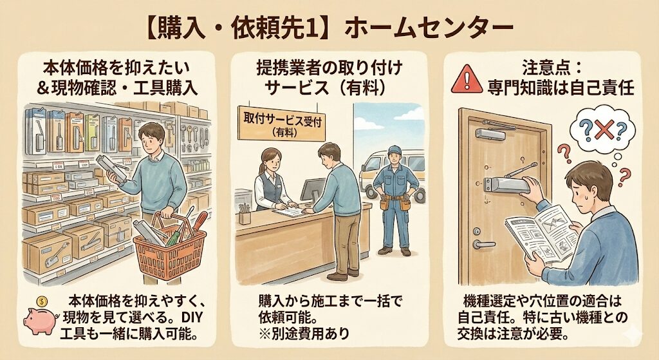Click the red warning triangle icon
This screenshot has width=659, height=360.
tap(467, 79)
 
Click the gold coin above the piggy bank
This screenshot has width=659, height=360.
tap(42, 301)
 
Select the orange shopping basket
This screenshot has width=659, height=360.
tap(170, 249)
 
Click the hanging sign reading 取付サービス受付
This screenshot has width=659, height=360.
tap(281, 123)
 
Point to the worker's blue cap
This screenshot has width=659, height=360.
tap(394, 150)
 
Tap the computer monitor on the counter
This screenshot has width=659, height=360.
tap(313, 190)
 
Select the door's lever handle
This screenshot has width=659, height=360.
tap(483, 244)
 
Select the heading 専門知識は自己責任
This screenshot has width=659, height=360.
tap(561, 88)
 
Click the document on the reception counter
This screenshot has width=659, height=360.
tap(290, 211)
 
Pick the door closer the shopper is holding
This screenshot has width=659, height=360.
tap(112, 167)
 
